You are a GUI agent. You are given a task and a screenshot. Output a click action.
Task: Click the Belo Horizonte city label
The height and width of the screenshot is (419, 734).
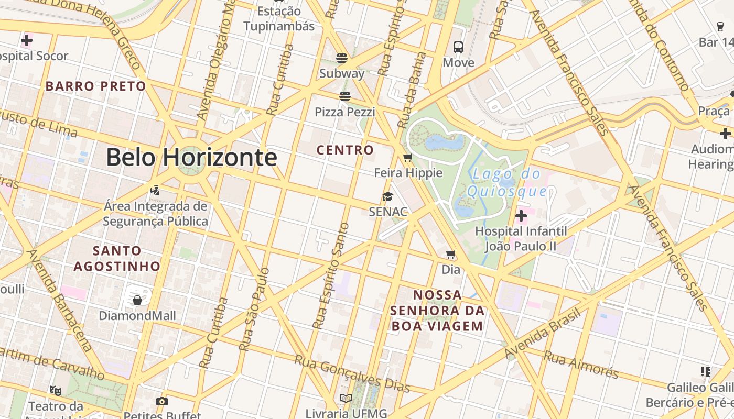tap(191, 157)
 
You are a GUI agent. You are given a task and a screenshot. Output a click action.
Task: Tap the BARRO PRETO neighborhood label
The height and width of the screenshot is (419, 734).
tap(95, 86)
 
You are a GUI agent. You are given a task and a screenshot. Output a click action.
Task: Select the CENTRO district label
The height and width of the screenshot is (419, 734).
tap(345, 150)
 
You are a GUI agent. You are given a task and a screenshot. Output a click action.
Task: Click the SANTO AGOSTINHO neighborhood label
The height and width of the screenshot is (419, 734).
tap(117, 258)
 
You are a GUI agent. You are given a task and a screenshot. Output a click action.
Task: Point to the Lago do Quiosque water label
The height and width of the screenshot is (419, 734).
tap(507, 182)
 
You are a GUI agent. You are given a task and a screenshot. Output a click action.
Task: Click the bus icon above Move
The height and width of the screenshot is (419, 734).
tap(458, 47)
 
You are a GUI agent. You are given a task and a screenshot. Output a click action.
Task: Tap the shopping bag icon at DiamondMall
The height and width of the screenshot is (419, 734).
tap(137, 300)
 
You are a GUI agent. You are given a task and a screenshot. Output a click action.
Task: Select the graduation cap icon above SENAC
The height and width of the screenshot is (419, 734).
tap(387, 197)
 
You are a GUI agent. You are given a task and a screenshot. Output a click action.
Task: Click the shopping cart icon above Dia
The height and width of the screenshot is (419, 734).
tap(450, 255)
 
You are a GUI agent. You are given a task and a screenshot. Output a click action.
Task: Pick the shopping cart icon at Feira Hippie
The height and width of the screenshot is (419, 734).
tap(408, 158)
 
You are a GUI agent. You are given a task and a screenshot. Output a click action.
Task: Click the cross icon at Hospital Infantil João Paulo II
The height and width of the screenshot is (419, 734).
tap(521, 216)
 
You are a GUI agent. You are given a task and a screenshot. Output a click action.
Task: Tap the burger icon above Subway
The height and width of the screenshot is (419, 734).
tap(342, 58)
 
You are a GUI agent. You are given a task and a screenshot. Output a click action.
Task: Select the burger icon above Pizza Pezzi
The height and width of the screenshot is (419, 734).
tap(344, 96)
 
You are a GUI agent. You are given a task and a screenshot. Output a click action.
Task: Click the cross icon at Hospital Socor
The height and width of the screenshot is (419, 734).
tap(27, 40)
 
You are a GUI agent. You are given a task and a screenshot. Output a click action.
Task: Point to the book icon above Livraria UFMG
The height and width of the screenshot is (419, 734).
tap(346, 399)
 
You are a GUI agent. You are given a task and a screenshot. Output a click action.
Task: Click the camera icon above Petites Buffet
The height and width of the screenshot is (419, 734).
tap(162, 402)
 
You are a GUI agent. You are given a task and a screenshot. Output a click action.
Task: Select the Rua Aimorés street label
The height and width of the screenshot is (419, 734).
tap(581, 365)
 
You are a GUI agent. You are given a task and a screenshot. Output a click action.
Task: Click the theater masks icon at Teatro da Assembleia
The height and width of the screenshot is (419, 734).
tap(56, 390)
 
